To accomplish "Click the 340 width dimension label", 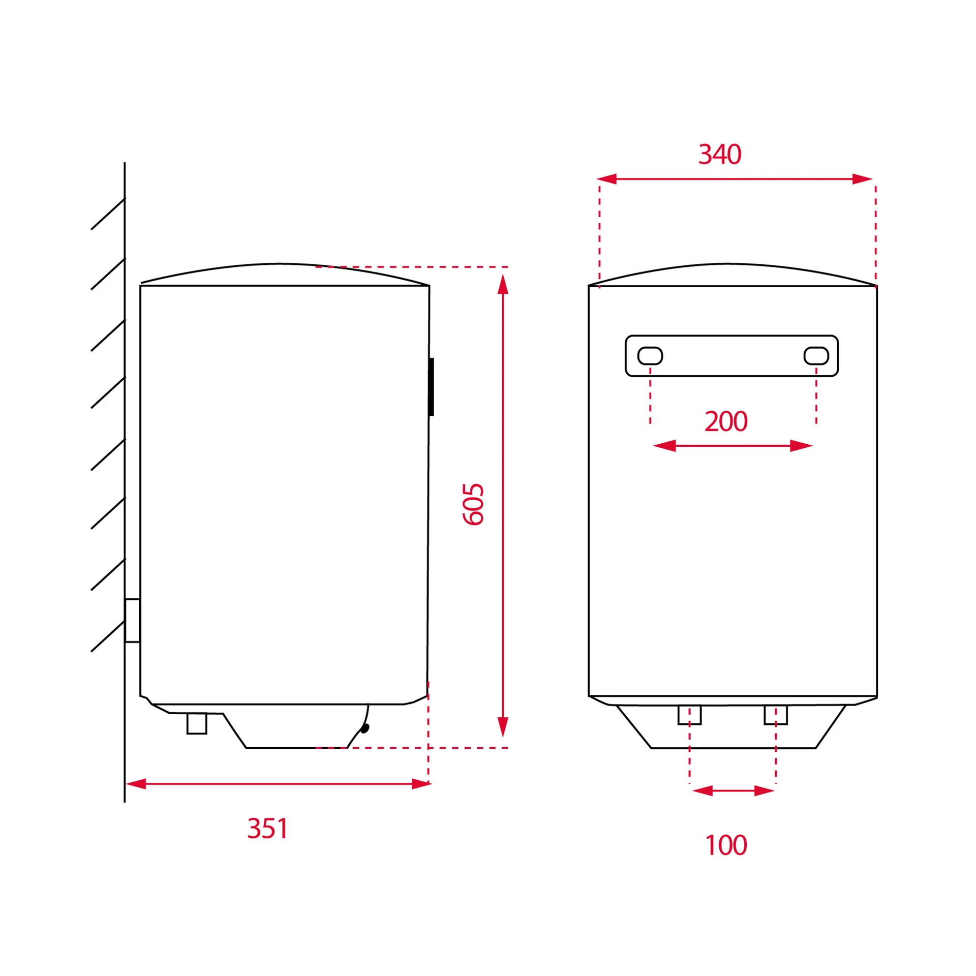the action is click(x=719, y=154).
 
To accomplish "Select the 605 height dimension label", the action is click(x=473, y=504).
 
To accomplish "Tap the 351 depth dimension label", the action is click(x=268, y=828).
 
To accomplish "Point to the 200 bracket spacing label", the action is click(x=726, y=421).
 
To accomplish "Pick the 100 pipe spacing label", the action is click(x=726, y=845).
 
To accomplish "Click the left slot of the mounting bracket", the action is click(x=650, y=356).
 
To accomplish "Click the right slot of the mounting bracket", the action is click(x=816, y=356).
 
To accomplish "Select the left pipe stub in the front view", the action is click(x=689, y=715).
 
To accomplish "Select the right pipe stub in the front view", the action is click(x=776, y=715).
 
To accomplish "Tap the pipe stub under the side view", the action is click(x=197, y=723).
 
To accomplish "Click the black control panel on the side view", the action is click(x=432, y=387).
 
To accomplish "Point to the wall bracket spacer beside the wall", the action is click(x=132, y=621).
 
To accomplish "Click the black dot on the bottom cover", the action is click(x=364, y=728).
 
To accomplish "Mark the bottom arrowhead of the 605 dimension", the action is click(x=503, y=727).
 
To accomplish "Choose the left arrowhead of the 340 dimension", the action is click(x=606, y=179).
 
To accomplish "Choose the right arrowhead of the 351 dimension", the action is click(x=421, y=784).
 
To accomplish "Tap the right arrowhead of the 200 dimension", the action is click(x=801, y=446).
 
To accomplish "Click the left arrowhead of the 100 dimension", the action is click(x=703, y=790).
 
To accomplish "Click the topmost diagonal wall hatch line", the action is click(x=108, y=214).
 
